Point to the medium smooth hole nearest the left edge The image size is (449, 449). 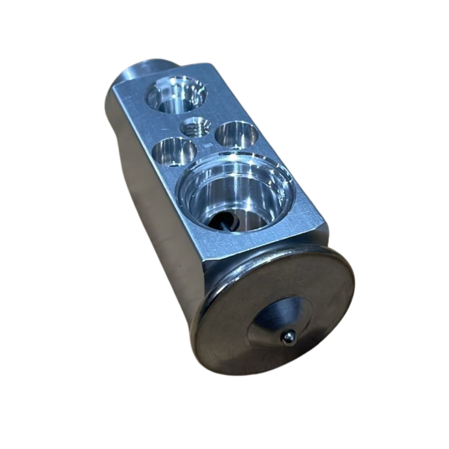pos(175,152)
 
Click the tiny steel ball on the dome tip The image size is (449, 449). pos(288,337)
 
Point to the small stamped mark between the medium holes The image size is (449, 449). pos(204,143)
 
